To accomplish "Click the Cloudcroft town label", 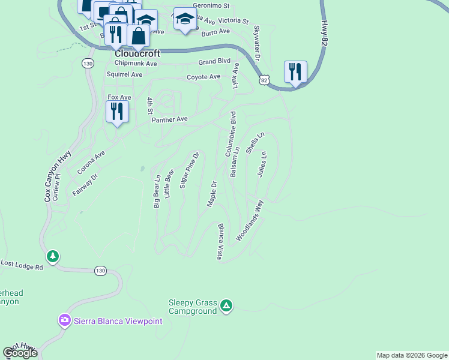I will pos(137,53).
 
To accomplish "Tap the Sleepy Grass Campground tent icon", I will pos(226,306).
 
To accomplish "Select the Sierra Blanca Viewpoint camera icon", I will pos(65,321).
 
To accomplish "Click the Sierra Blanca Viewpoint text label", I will pos(118,321).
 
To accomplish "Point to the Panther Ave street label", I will pos(170,119).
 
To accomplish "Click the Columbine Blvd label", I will pos(231,134).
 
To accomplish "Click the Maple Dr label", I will pos(211,194).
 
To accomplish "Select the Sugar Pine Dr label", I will pos(189,170).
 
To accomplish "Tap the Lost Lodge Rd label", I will pos(22,265).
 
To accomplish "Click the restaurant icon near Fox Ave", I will pos(117,112).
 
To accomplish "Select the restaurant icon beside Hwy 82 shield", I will pos(295,73).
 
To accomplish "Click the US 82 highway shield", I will pos(265,79).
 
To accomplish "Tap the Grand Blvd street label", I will pos(215,61).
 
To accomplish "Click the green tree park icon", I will pos(53,257).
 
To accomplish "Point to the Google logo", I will pos(20,353).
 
